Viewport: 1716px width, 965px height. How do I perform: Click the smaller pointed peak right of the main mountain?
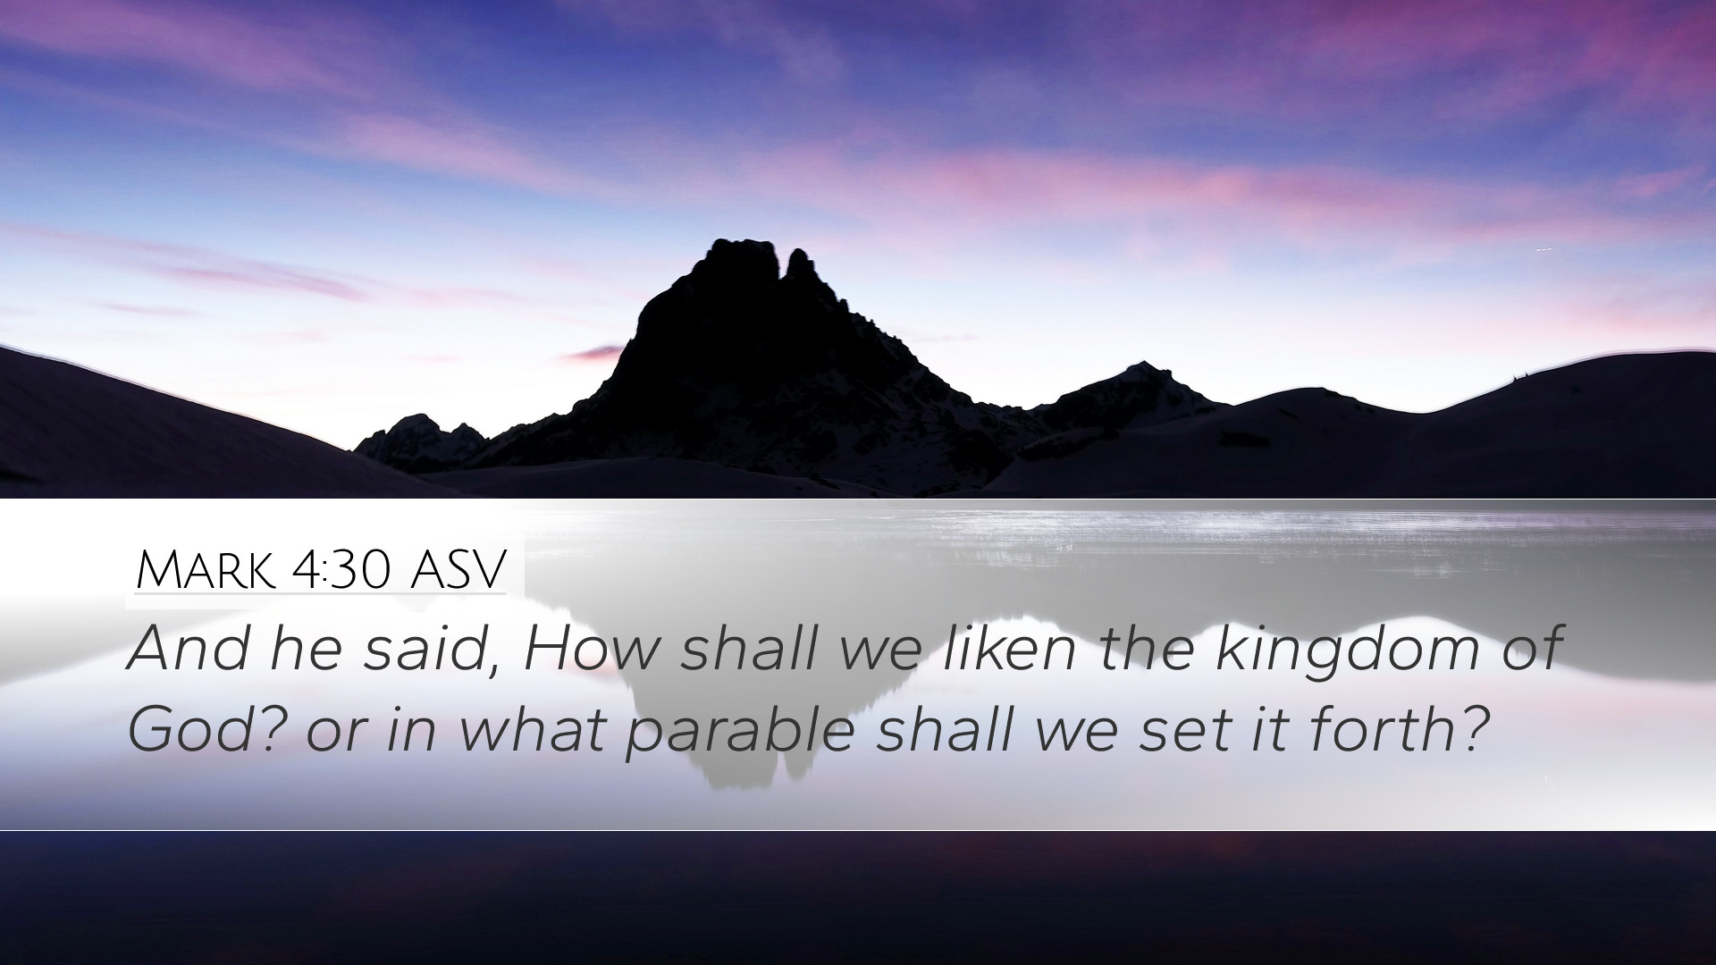point(1141,367)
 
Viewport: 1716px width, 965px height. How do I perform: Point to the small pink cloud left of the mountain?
point(594,354)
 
